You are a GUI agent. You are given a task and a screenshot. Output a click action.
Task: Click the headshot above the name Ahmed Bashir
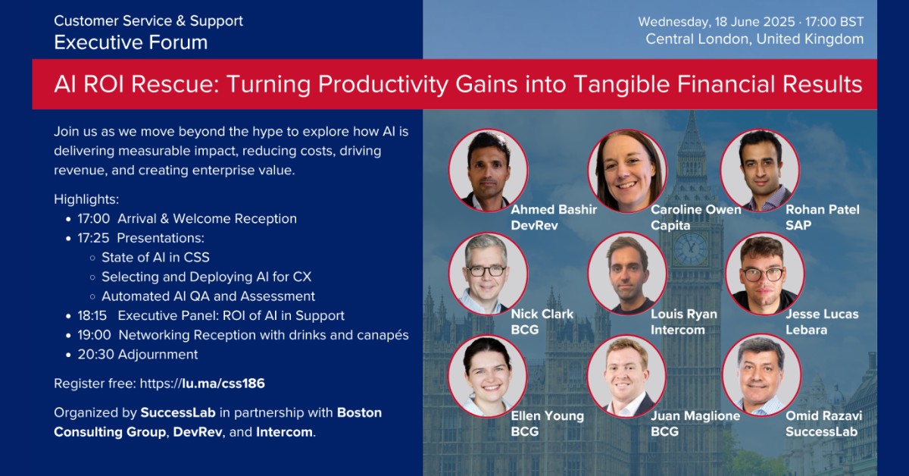coord(488,171)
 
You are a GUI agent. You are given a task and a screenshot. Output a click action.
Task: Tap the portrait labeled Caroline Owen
coord(627,171)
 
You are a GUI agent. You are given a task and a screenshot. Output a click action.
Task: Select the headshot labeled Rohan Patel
coord(760,171)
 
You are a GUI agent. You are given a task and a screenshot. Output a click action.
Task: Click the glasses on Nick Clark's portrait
coord(486,271)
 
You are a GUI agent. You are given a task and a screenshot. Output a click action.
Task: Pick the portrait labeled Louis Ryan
coord(627,274)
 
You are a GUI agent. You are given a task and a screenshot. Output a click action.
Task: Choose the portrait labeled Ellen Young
coord(488,376)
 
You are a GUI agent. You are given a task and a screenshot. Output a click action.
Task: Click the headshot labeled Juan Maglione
coord(627,376)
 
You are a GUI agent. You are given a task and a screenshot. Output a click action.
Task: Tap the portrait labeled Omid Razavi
coord(762,375)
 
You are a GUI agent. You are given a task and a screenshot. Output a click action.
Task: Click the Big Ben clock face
coord(691,249)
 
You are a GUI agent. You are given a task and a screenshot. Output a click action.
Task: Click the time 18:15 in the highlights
coord(92,315)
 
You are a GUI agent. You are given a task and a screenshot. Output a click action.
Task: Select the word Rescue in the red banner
coord(175,84)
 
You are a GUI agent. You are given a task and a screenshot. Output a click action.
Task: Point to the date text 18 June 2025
coord(754,21)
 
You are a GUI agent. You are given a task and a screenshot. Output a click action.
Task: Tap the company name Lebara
coord(806,330)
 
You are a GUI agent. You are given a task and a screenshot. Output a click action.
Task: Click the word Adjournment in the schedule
coord(158,355)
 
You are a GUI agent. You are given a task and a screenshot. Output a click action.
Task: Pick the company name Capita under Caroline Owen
coord(670,225)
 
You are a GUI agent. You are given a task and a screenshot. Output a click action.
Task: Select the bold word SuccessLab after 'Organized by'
coord(178,412)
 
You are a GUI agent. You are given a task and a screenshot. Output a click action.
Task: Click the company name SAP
coord(798,225)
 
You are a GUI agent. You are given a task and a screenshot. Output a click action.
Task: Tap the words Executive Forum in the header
coord(130,42)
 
